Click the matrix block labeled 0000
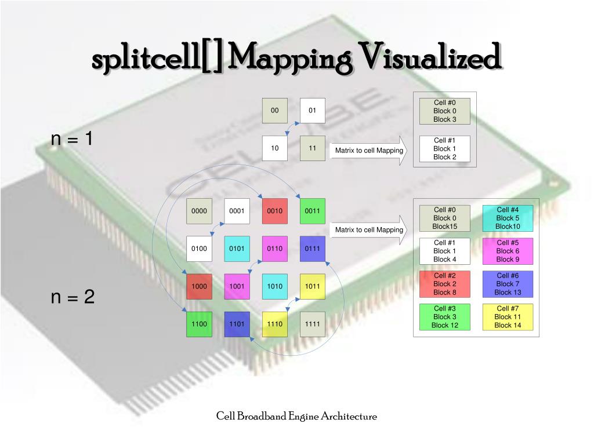(x=199, y=211)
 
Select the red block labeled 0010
(x=274, y=211)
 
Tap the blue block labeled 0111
(x=312, y=249)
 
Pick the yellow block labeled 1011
(x=312, y=286)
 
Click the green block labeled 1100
(x=199, y=324)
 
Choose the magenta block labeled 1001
(x=237, y=286)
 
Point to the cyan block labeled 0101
(x=237, y=249)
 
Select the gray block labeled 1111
(x=312, y=324)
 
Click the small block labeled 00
(x=274, y=110)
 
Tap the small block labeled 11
(x=312, y=148)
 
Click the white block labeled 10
(x=274, y=148)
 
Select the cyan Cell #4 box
(x=508, y=218)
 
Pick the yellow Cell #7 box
(x=508, y=317)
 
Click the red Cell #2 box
(x=444, y=284)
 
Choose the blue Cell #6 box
(x=508, y=284)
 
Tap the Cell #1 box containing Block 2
(x=444, y=148)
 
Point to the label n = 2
(x=73, y=297)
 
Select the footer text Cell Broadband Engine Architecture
(x=296, y=416)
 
